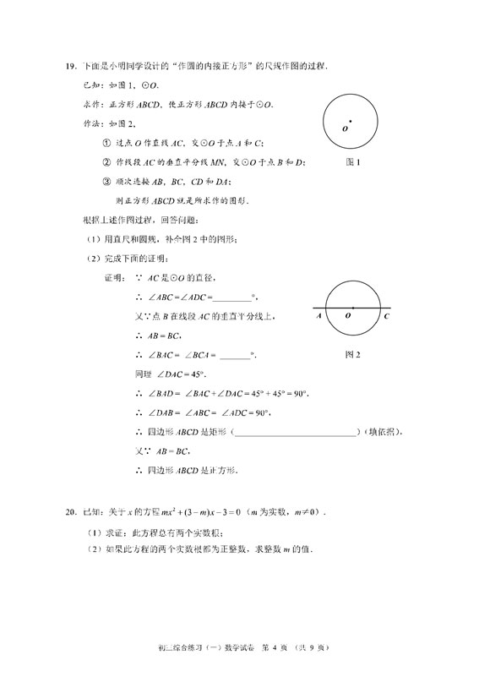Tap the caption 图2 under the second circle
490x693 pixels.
pos(353,355)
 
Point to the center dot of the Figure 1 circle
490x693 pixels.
pos(351,123)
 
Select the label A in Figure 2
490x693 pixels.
pos(319,317)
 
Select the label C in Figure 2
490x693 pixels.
pos(386,317)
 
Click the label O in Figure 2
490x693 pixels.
pos(348,317)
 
